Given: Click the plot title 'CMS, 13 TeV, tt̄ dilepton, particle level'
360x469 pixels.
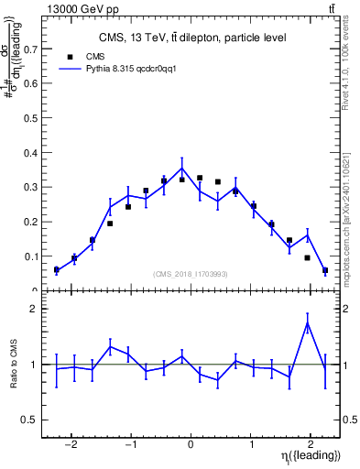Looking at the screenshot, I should click(x=192, y=38).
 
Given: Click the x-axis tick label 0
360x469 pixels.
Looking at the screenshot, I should click(x=191, y=446).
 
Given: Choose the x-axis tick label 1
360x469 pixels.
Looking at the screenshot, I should click(x=250, y=446).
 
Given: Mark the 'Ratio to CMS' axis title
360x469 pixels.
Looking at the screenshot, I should click(x=16, y=364).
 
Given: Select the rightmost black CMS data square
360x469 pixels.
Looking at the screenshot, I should click(x=325, y=270).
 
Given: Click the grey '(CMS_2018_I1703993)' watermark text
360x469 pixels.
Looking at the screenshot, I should click(x=191, y=274).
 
